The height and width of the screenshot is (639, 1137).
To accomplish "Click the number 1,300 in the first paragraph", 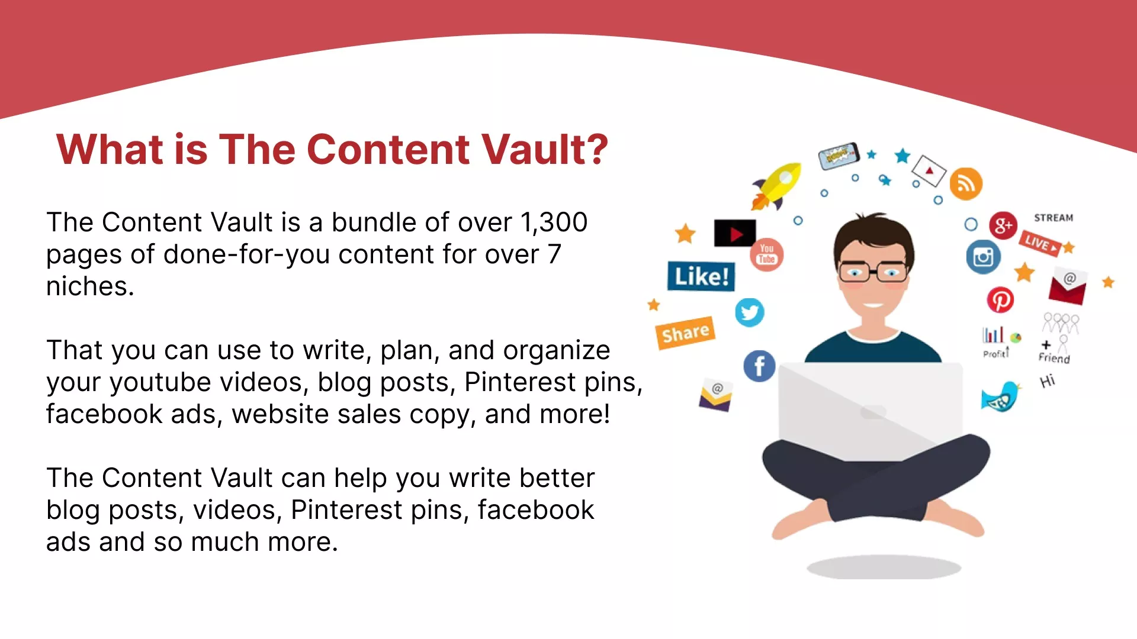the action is tap(554, 222).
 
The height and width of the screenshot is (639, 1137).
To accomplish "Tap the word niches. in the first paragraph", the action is tap(90, 286).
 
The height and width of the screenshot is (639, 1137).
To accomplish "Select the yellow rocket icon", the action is tap(776, 186).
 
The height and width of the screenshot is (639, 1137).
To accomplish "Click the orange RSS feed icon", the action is tap(966, 183).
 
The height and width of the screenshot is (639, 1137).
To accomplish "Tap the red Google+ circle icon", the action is tap(1003, 225).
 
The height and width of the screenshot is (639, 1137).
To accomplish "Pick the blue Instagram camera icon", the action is tap(983, 257).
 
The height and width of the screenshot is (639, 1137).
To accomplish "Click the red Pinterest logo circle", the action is tap(1000, 300).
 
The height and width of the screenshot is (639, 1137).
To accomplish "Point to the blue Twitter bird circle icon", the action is tap(750, 312).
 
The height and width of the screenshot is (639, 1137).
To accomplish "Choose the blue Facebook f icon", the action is tap(759, 366).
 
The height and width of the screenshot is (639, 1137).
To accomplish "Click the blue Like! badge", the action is tap(701, 276).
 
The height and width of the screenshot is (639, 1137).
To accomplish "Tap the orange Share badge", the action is tap(686, 333).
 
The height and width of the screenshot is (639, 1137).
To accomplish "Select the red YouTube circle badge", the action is tap(767, 255).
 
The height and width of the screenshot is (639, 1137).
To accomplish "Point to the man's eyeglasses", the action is tap(873, 272).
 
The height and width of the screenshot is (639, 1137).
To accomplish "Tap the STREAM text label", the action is tap(1054, 218).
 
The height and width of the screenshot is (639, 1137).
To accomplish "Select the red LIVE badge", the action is tap(1040, 243).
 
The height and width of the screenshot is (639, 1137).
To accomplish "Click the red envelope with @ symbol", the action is tap(1068, 287).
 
